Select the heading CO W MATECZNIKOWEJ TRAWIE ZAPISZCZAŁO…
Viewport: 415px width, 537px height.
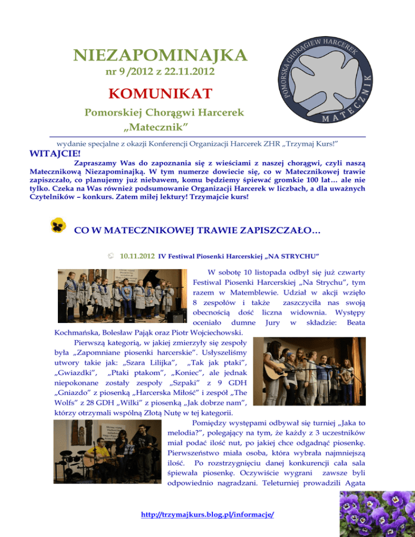click(197, 231)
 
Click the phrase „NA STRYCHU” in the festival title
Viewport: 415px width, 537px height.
click(298, 255)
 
